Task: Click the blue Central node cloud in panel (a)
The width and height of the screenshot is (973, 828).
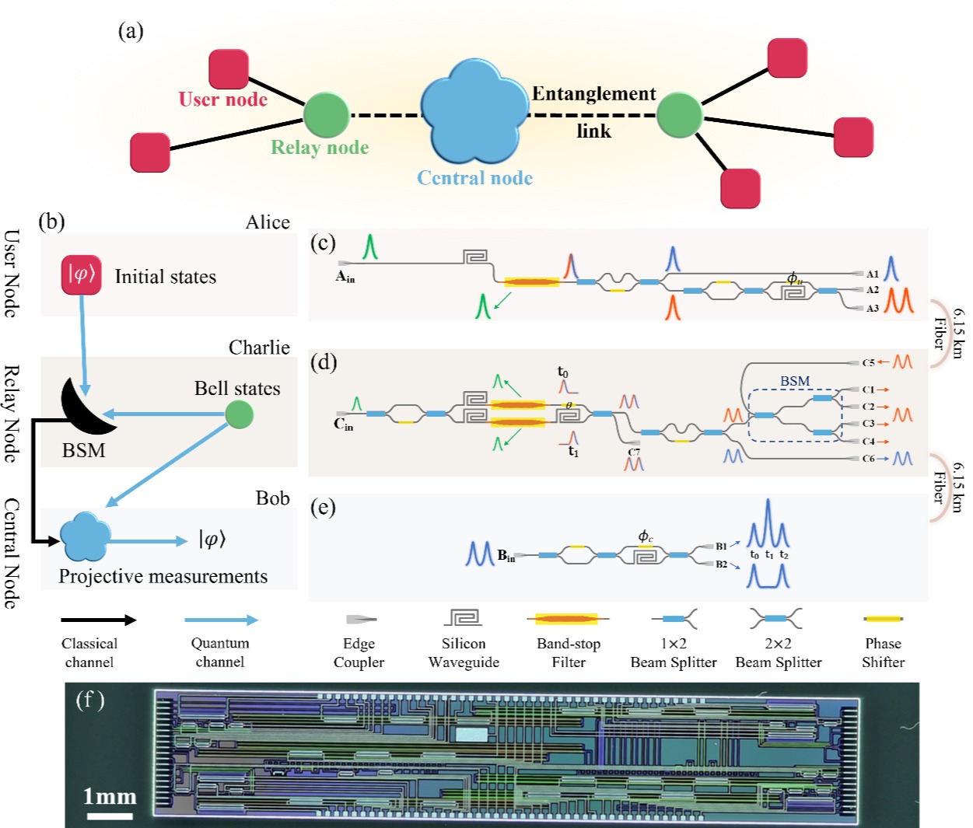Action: coord(472,111)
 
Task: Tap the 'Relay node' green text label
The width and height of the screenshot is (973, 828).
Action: coord(320,148)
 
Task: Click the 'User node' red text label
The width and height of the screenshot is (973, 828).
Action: coord(223,100)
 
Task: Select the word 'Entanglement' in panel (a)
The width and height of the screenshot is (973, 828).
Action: coord(594,94)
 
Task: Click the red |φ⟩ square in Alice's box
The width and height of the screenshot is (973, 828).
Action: coord(82,275)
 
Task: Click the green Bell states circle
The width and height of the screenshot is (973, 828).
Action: coord(239,414)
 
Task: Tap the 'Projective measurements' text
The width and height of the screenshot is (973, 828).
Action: coord(163,576)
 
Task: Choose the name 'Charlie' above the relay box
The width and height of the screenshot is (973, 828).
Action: coord(259,348)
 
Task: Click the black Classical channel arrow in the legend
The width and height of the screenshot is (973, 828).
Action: coord(99,620)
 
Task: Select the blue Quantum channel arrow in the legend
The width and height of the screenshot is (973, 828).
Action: coord(221,620)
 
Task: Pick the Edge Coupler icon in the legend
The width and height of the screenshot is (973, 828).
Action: coord(361,620)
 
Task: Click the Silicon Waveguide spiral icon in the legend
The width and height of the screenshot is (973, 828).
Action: coord(464,617)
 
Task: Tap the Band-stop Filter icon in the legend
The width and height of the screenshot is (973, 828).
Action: coord(569,620)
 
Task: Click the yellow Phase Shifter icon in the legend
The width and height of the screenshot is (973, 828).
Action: coord(883,619)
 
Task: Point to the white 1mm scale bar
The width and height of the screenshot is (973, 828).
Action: coord(110,816)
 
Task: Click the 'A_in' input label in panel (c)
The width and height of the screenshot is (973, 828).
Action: coord(345,277)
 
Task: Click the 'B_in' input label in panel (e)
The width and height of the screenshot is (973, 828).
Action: coord(506,555)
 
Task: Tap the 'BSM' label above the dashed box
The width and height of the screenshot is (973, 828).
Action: coord(795,381)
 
